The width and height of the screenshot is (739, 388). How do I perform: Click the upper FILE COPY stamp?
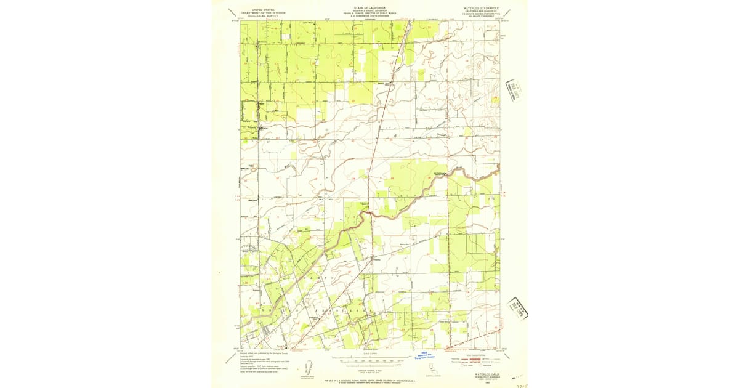pyautogui.click(x=514, y=89)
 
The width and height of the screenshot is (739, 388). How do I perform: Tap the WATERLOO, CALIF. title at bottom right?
pyautogui.click(x=487, y=373)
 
